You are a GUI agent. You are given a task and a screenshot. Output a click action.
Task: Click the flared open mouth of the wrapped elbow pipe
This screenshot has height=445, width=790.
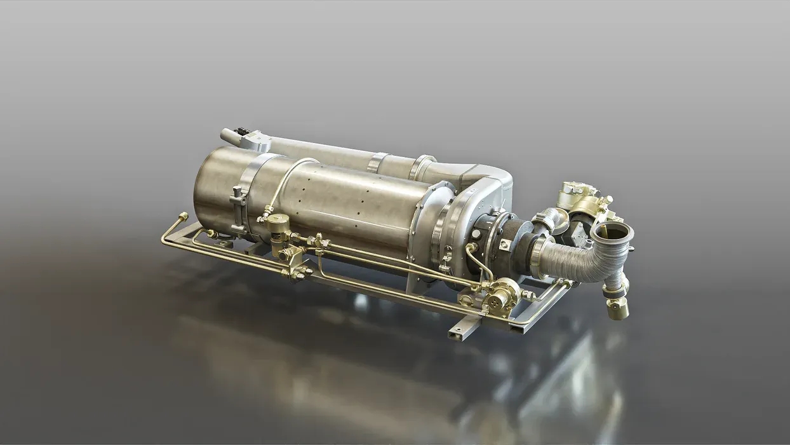[x=612, y=231]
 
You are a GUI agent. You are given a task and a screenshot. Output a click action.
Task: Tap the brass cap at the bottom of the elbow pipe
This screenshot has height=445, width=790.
[x=617, y=309]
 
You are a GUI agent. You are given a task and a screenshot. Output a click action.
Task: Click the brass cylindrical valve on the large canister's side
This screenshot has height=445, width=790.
[x=278, y=226]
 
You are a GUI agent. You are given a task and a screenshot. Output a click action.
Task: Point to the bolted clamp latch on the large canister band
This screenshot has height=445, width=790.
[x=239, y=202]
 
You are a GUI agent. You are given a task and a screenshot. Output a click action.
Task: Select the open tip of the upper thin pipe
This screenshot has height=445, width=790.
[x=225, y=135]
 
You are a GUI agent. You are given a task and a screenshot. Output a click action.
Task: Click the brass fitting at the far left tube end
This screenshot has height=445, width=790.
[x=183, y=217]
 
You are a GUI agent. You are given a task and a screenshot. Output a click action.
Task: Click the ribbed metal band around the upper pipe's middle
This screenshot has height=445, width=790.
[x=377, y=162]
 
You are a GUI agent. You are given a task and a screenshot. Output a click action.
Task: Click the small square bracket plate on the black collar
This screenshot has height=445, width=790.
[x=504, y=243]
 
